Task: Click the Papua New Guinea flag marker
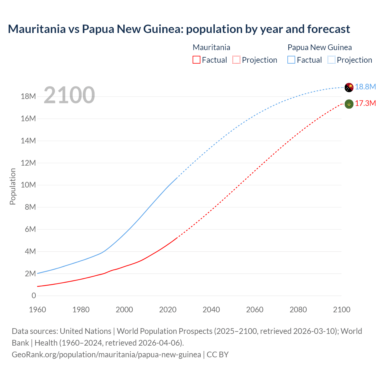pos(349,87)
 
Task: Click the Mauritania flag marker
pos(349,104)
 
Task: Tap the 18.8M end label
pos(365,87)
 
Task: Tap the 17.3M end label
pos(365,103)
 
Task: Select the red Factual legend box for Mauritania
pos(196,60)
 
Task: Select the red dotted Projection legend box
pos(236,60)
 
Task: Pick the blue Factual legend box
pos(291,60)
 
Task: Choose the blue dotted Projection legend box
pos(331,60)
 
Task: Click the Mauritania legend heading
pos(211,47)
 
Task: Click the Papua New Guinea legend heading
pos(319,47)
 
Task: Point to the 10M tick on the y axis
pos(28,185)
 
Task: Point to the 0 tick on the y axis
pos(34,295)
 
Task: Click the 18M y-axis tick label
pos(28,96)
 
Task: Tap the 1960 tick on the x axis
pos(37,310)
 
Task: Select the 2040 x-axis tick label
pos(211,310)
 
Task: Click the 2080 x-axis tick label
pos(298,310)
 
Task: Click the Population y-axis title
pos(13,187)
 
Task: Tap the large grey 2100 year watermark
pos(69,95)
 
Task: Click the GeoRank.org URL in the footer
pos(106,355)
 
